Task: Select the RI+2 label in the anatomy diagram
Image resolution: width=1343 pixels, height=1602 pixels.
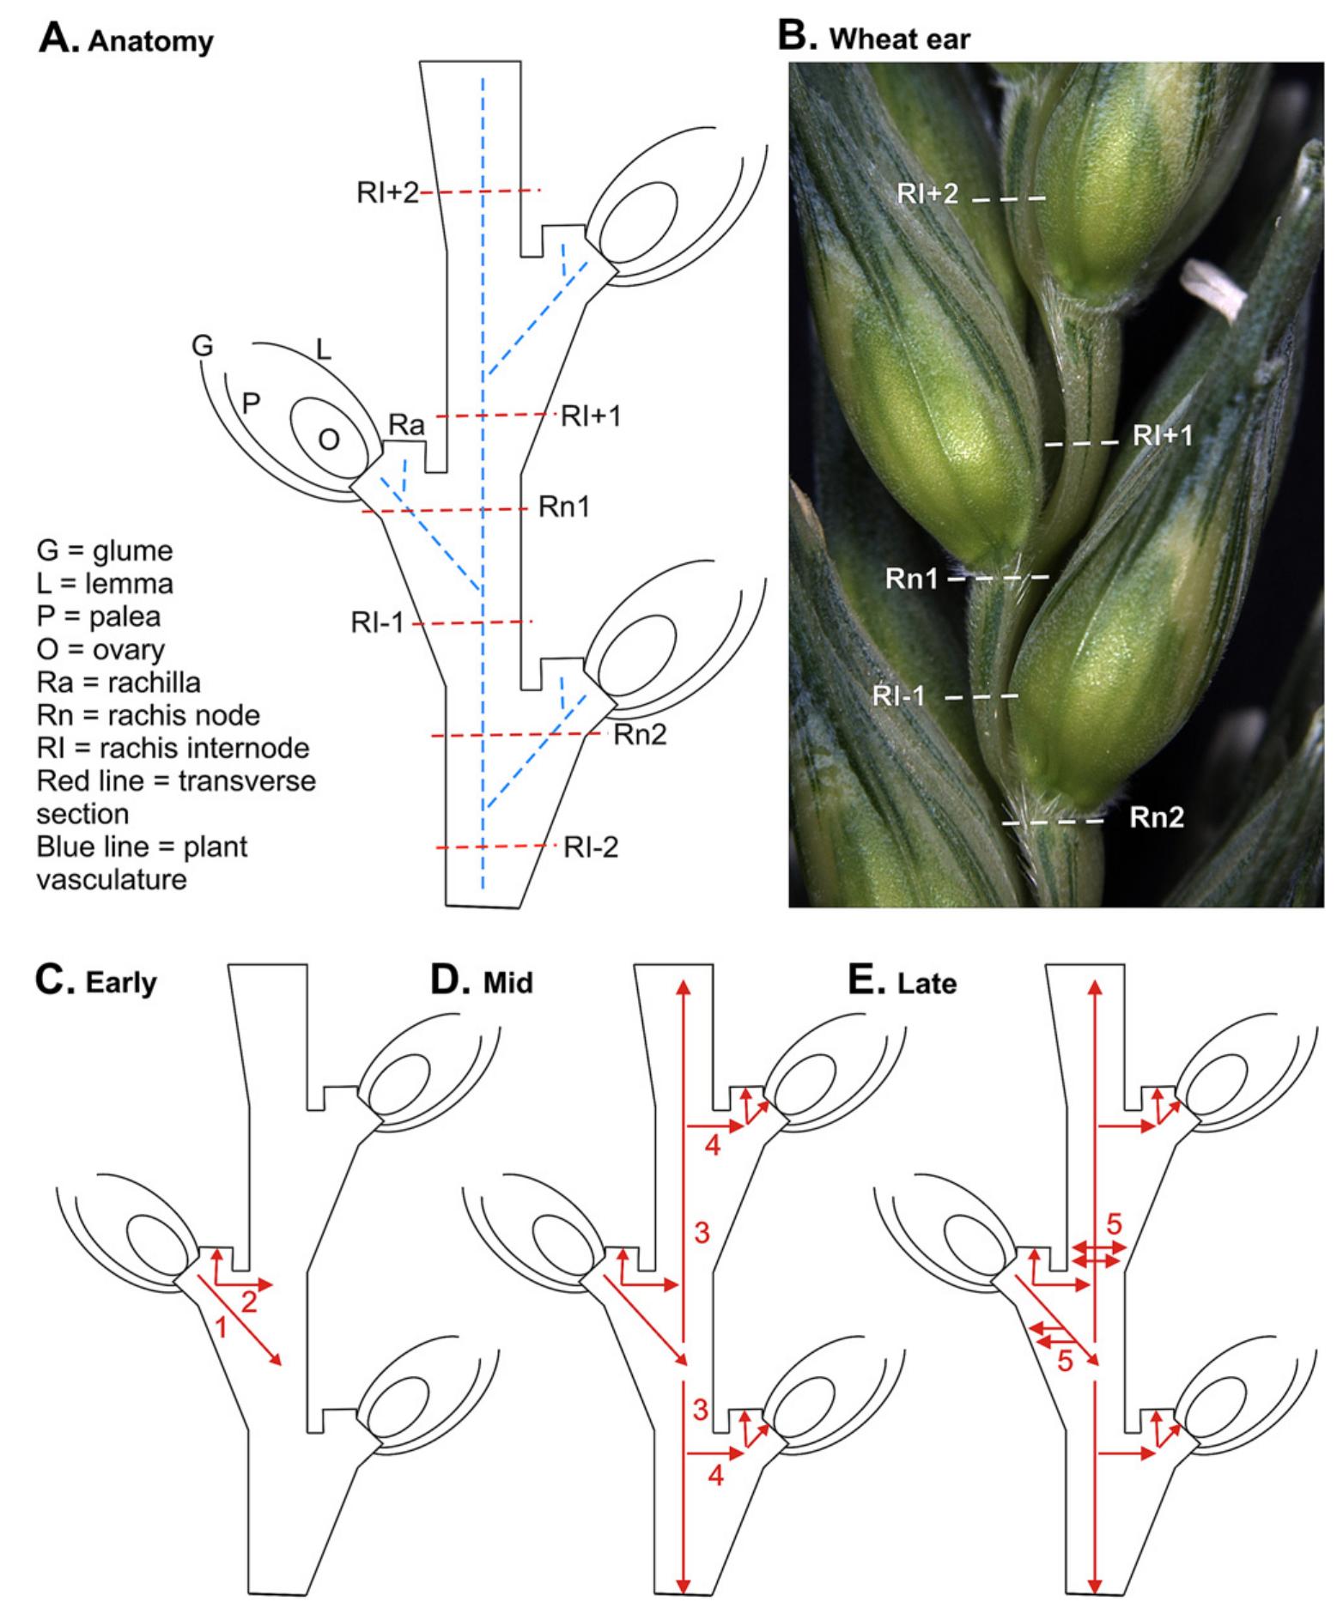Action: (x=387, y=192)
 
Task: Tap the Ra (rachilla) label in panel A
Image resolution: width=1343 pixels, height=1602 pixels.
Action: (x=406, y=424)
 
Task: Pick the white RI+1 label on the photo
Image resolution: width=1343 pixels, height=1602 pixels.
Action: (x=1163, y=435)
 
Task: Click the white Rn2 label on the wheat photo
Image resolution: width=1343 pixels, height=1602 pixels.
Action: (x=1157, y=816)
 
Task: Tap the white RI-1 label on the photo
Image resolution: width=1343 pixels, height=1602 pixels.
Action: (x=899, y=695)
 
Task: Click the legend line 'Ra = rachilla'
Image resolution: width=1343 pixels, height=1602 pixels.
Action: (x=118, y=682)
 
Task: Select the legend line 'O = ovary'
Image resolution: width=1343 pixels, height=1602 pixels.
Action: (x=100, y=649)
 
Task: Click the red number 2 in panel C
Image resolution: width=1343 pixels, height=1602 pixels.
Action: (x=249, y=1302)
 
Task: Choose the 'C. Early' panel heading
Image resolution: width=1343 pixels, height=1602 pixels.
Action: (x=96, y=981)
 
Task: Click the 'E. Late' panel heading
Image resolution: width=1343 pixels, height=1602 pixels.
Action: (x=902, y=981)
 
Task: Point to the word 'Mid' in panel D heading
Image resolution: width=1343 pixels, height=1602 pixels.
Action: (x=508, y=982)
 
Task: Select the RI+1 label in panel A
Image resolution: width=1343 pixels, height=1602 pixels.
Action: (x=590, y=416)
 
